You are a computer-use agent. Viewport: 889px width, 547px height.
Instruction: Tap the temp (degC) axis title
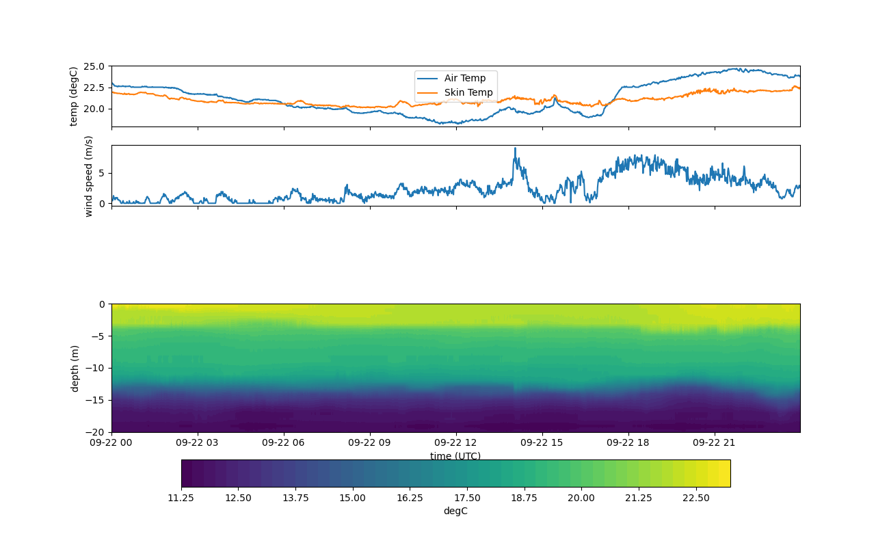(74, 96)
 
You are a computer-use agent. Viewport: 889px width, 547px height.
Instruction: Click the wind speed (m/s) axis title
(88, 176)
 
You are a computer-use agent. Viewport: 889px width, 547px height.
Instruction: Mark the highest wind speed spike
(515, 148)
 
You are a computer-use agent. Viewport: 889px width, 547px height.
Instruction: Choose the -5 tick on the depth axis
(97, 336)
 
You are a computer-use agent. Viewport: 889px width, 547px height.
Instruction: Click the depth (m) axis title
(75, 368)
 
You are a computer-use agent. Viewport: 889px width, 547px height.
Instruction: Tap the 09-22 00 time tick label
(112, 442)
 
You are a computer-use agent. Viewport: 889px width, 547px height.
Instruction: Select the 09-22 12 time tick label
(456, 442)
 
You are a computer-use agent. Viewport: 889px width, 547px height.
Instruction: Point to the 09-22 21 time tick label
(715, 442)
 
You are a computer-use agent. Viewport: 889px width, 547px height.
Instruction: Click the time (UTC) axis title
(455, 456)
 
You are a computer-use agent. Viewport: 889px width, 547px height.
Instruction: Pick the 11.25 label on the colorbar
(181, 498)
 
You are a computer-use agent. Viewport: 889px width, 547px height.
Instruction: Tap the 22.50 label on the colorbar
(695, 498)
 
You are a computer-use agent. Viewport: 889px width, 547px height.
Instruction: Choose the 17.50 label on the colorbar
(467, 498)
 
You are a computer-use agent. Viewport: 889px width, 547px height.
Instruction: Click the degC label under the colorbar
(455, 511)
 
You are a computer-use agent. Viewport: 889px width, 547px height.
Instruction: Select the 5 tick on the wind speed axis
(101, 173)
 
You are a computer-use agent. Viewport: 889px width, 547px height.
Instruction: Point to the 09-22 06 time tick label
(284, 442)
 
